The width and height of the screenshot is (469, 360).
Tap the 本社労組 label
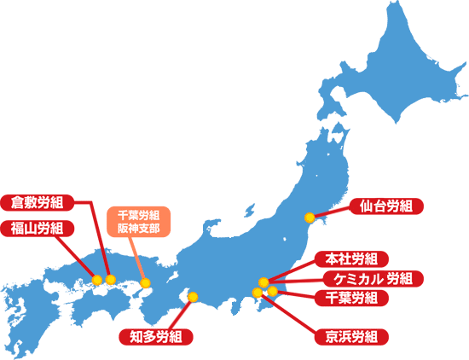pos(352,259)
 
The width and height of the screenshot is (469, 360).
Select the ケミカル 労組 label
pos(368,278)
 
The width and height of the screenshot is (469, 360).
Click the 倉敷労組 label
pos(38,203)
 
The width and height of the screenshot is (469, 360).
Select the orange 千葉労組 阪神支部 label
pos(138,222)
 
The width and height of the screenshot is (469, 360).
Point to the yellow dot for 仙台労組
pos(310,218)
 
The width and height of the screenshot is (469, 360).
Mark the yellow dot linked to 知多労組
pos(193,297)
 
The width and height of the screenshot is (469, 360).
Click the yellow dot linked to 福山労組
pos(97,280)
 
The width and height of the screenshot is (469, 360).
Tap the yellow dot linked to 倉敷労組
pos(111,280)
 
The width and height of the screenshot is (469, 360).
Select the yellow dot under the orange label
pos(145,282)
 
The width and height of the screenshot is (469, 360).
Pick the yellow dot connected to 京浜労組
pos(258,293)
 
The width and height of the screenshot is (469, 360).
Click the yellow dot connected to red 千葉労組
pos(272,292)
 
